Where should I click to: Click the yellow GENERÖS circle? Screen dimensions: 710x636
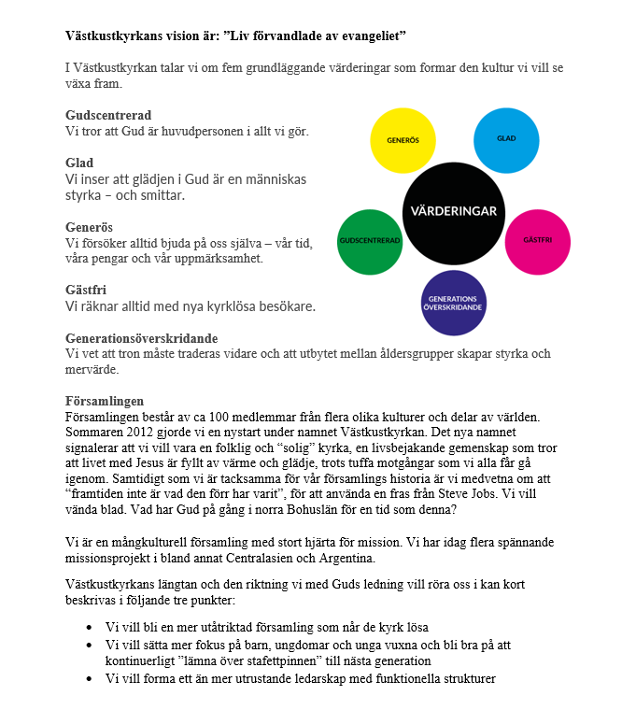point(403,140)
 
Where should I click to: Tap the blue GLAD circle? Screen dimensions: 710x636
point(507,139)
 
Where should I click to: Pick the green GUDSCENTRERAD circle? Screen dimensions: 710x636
point(371,241)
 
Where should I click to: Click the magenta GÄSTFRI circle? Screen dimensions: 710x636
point(538,240)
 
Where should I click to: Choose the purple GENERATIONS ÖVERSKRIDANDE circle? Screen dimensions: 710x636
point(454,303)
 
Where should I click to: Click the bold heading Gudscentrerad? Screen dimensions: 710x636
point(108,116)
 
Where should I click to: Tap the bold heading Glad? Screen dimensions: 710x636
point(79,163)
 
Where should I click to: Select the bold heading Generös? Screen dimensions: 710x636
point(89,227)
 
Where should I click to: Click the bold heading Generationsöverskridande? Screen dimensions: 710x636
point(141,337)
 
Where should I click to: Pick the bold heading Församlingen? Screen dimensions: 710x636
point(105,401)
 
